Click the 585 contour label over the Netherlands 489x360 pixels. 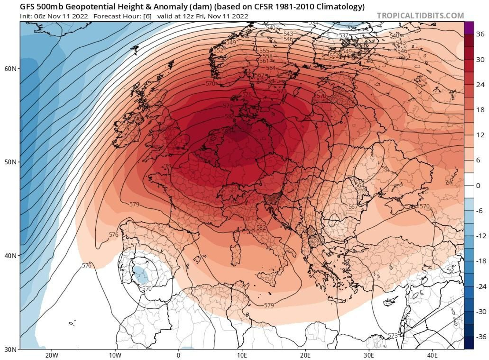(x=226, y=131)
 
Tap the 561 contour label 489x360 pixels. (x=264, y=61)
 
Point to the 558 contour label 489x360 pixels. (x=267, y=56)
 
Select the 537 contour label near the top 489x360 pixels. (x=344, y=35)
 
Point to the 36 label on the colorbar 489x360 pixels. (x=480, y=34)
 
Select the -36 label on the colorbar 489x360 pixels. (x=481, y=337)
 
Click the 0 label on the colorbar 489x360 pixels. (x=478, y=186)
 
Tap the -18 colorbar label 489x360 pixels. (x=481, y=261)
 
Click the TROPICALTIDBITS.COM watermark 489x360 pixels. (x=420, y=16)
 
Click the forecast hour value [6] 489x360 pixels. (x=147, y=16)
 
